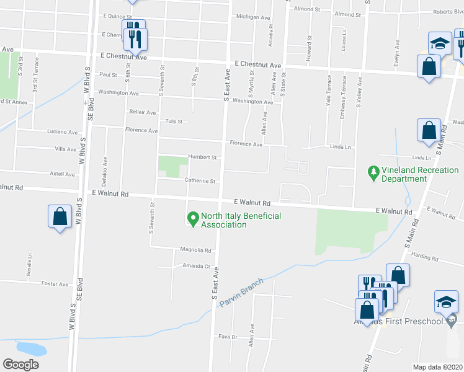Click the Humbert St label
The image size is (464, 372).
(201, 157)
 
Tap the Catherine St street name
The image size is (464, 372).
(200, 181)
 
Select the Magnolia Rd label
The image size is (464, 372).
(196, 250)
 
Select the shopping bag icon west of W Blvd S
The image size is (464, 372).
(60, 217)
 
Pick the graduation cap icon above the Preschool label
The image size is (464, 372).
(445, 301)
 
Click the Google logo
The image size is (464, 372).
(20, 365)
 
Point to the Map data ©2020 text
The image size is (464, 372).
(437, 367)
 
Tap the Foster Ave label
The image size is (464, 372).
(55, 284)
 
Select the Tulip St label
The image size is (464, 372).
(173, 122)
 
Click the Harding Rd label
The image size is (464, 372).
(425, 255)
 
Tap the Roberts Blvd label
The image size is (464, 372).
(448, 11)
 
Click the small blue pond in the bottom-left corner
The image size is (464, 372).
(30, 348)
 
